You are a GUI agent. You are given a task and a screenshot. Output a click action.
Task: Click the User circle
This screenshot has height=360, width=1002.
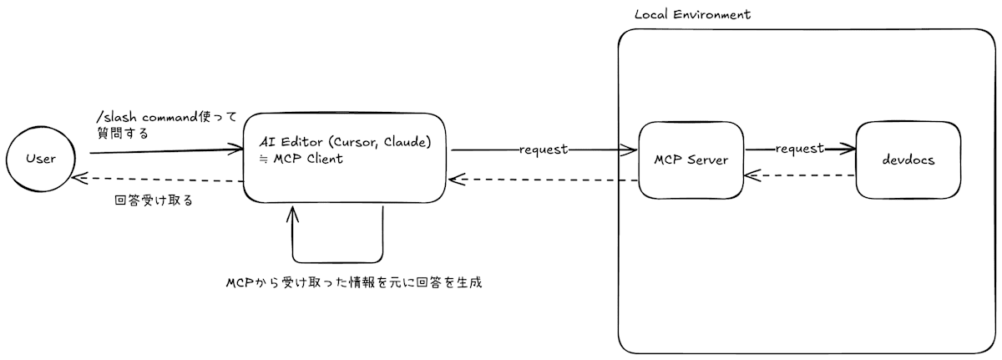40,159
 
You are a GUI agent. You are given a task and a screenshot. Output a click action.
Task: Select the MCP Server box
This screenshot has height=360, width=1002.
691,160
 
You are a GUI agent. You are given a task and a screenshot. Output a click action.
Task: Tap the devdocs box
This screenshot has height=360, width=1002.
908,160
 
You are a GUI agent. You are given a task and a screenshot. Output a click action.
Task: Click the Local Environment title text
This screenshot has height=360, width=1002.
692,15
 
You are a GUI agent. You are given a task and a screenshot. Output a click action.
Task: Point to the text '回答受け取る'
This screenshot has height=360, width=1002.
154,200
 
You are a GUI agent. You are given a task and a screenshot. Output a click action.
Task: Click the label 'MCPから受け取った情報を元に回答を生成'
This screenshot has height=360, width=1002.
354,282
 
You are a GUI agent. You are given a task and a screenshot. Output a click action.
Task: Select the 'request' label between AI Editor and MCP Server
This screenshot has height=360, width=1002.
544,150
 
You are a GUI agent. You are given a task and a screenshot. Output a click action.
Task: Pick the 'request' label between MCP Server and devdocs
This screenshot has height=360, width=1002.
800,149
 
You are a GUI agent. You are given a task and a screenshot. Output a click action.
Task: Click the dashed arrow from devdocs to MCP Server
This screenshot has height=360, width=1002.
802,175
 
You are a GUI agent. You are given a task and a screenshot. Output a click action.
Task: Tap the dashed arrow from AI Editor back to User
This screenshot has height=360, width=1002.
159,180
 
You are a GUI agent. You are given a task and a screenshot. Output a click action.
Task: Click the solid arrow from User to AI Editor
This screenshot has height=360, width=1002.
159,152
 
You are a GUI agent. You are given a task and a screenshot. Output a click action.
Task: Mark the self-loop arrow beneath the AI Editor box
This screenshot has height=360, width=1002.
337,260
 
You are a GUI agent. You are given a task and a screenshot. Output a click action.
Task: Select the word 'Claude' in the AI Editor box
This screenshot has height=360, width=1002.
405,143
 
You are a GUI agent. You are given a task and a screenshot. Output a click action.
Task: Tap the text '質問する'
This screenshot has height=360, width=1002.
122,133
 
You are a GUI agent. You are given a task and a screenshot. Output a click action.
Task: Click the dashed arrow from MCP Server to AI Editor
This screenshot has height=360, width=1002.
543,180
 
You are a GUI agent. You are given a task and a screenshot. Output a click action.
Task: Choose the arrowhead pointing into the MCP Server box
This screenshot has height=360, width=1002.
632,150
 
